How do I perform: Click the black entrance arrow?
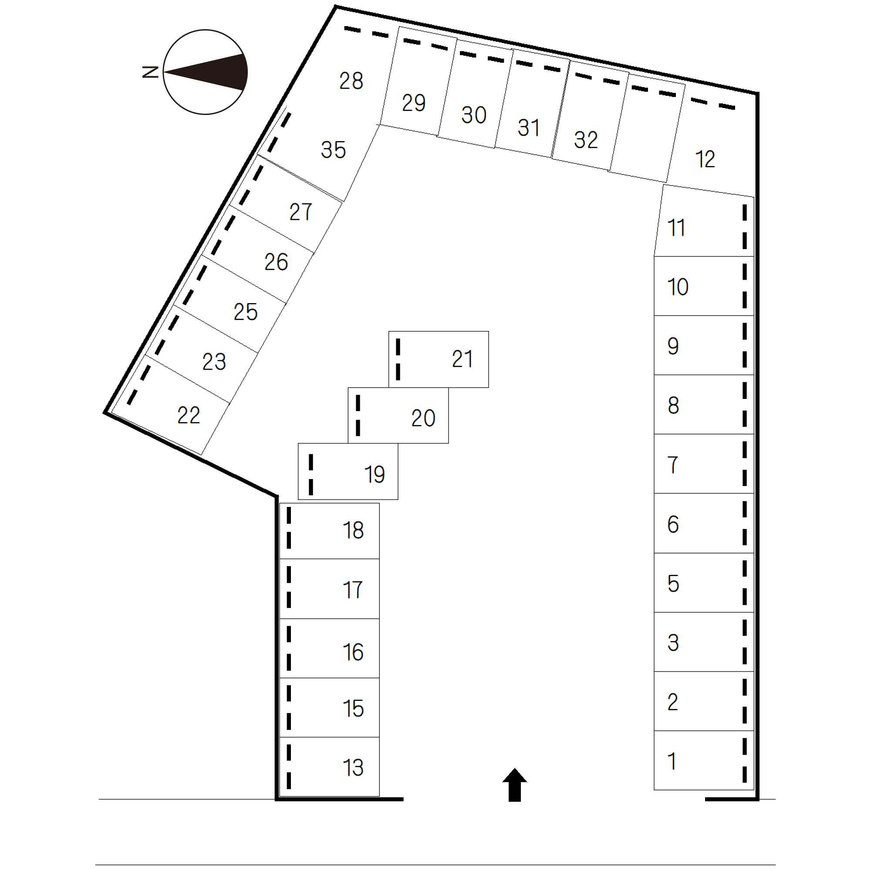pos(514,786)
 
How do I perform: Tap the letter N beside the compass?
pos(151,72)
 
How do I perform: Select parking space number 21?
pos(438,359)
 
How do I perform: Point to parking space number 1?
pos(703,761)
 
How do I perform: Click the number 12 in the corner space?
pos(705,159)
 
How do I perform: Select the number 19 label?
pos(374,474)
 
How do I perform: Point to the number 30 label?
pos(474,115)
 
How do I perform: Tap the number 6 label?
pos(673,524)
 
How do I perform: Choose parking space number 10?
pos(703,286)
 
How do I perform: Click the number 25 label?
pos(246,311)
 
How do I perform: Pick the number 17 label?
pos(353,590)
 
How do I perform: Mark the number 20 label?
pos(423,418)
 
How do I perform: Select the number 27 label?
pos(300,212)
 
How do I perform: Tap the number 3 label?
pos(673,642)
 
